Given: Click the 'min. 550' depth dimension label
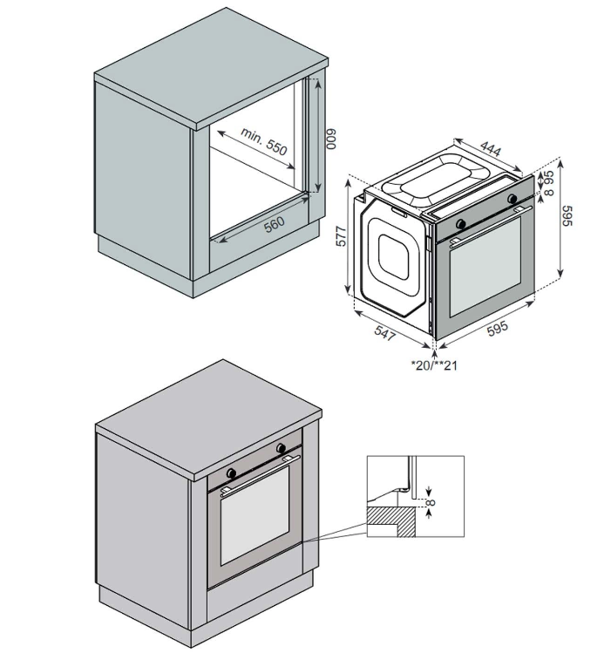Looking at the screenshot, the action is [264, 141].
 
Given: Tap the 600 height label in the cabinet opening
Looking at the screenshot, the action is [332, 139].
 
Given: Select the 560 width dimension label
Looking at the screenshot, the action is [275, 224].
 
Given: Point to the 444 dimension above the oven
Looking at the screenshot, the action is [491, 148].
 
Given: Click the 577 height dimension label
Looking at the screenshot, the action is [341, 236].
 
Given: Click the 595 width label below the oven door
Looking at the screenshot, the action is [498, 329].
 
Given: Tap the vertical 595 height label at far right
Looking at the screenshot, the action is [567, 215].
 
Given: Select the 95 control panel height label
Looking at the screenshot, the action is [549, 175].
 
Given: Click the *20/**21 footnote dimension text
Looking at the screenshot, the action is [434, 365].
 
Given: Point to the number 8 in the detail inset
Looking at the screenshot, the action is [431, 501].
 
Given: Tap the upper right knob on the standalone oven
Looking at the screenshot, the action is [513, 199].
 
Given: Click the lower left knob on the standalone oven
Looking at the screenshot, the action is [461, 224].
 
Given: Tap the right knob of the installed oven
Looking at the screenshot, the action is [281, 449].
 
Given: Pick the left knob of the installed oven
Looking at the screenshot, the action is [232, 473].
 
